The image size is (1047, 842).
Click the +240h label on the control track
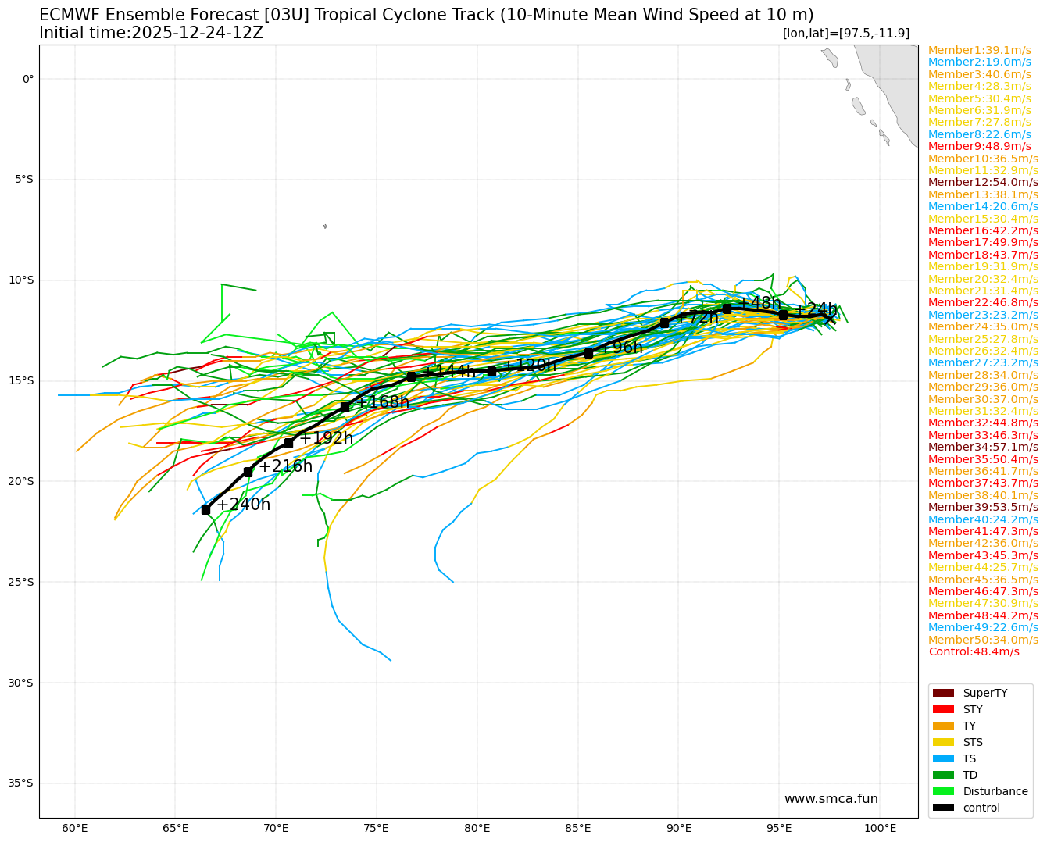coord(243,505)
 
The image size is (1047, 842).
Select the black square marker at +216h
coord(248,472)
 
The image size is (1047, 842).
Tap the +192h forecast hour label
coord(326,438)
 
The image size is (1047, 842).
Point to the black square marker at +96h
coord(588,353)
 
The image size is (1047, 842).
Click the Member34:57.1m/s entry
coord(983,448)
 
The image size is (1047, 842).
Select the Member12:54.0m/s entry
coord(983,183)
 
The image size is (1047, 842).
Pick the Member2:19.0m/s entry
coord(980,62)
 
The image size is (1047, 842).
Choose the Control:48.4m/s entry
coord(974,652)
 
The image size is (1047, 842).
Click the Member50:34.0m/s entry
coord(983,640)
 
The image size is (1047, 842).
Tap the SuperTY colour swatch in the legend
coord(943,693)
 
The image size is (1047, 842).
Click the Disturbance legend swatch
coord(943,791)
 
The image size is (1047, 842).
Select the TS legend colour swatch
coord(943,758)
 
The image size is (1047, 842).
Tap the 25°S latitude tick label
coord(23,582)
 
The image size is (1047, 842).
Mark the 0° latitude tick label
coord(28,79)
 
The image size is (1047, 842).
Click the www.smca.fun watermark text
coord(831,799)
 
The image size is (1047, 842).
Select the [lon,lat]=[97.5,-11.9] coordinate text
coord(845,33)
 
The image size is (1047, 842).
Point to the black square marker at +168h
coord(345,407)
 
